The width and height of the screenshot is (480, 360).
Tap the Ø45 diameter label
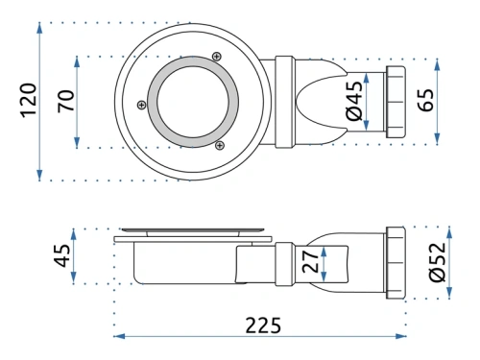tap(353, 101)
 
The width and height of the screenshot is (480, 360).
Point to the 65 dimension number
tap(426, 101)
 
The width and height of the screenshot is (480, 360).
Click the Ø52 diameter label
tap(439, 260)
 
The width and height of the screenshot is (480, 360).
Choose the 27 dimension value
tap(308, 262)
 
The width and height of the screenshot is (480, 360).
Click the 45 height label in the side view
tap(61, 257)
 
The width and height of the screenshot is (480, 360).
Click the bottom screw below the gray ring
tap(220, 145)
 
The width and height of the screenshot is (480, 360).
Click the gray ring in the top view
tap(153, 100)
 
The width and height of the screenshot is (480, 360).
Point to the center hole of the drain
tap(189, 100)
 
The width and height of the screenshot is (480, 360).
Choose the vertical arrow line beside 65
tap(438, 101)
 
